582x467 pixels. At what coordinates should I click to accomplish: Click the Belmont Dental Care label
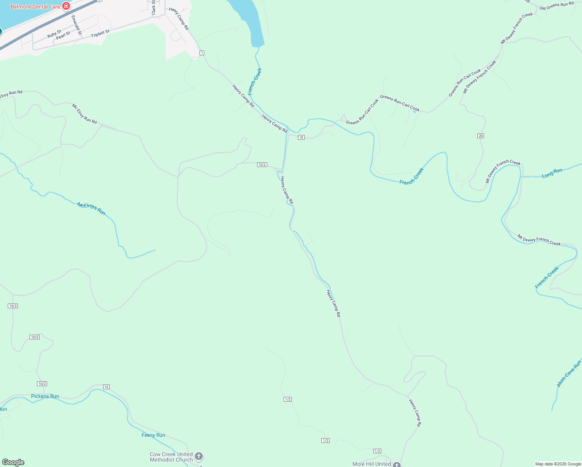coord(35,7)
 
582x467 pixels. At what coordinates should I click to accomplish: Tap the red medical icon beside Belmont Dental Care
coord(66,6)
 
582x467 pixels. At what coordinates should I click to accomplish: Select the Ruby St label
coord(54,33)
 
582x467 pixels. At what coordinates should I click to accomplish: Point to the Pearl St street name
coord(63,35)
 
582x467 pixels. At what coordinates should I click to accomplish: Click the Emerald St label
coord(76,25)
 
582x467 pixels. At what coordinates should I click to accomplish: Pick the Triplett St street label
coord(100,34)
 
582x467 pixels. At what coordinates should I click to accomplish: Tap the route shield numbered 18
coord(301,137)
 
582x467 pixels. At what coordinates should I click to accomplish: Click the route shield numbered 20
coord(480,136)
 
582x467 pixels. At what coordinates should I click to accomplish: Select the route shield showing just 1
coord(202,53)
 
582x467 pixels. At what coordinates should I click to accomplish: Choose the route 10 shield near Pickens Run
coord(106,387)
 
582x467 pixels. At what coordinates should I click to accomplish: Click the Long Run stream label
coord(552,173)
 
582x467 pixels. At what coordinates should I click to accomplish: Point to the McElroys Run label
coord(91,209)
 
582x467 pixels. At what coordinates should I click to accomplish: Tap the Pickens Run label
coord(45,396)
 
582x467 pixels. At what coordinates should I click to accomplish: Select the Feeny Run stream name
coord(153,435)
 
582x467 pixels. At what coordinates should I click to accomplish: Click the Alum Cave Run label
coord(569,374)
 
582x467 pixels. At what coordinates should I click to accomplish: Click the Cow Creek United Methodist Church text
coord(171,457)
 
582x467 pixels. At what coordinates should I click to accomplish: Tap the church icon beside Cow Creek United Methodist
coord(198,456)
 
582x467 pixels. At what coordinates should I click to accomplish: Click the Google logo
coord(13,462)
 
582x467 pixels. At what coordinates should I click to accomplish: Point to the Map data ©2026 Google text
coord(558,464)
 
